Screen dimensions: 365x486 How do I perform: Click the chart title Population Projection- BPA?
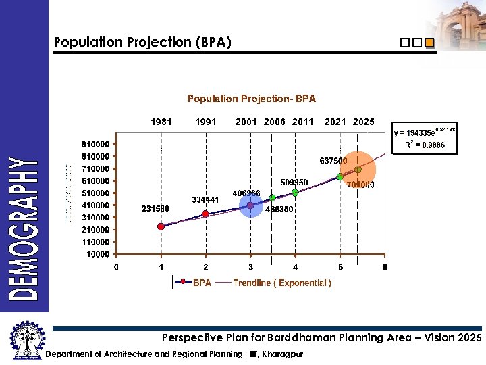tap(251, 99)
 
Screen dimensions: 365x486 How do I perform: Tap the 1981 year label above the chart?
tap(161, 122)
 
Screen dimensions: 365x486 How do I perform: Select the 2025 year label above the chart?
tap(363, 122)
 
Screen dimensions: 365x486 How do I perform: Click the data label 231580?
tap(155, 208)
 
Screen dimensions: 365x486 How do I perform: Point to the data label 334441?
tap(205, 199)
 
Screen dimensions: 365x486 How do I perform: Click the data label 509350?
tap(294, 182)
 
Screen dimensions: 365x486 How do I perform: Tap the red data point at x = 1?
tap(161, 227)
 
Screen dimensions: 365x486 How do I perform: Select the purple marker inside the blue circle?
tap(250, 205)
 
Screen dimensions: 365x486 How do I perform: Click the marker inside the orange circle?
tap(358, 169)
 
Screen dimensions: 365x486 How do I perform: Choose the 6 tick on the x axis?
tap(385, 267)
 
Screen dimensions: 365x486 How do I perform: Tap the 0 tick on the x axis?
tap(116, 267)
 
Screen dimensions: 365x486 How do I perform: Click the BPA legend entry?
tap(202, 283)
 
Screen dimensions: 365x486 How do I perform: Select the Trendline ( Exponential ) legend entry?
tap(282, 283)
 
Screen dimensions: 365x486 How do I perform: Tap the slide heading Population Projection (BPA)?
tap(142, 43)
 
